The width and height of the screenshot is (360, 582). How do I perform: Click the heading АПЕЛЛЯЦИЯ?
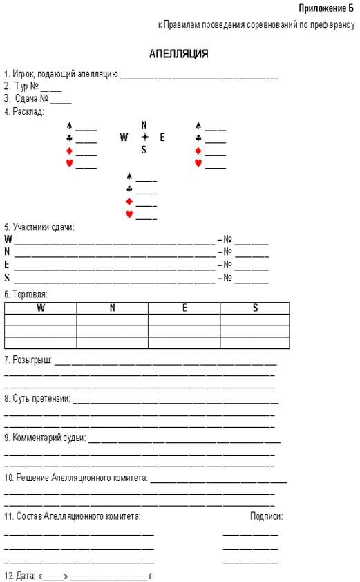tap(179, 54)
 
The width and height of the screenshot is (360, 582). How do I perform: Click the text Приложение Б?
tap(326, 8)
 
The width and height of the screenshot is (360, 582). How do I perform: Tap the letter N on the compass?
tap(144, 125)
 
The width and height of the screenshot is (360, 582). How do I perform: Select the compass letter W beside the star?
tap(124, 138)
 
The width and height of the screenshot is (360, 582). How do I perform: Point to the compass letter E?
tap(162, 138)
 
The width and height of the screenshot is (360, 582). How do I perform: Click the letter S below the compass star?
tap(144, 149)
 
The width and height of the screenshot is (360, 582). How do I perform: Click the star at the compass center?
tap(144, 138)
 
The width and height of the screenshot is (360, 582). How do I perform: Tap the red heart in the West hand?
tap(70, 164)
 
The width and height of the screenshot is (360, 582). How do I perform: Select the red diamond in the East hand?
tap(198, 151)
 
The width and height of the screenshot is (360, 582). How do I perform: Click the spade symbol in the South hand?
tap(129, 176)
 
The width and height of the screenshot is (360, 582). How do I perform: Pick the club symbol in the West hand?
tap(70, 138)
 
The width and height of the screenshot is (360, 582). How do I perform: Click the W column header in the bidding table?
tap(41, 308)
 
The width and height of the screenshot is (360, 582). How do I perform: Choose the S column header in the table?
tap(255, 308)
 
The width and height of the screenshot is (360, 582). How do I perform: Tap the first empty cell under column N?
tap(113, 319)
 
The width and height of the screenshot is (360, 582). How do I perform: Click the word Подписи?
tap(266, 516)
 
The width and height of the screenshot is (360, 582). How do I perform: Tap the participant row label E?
tap(7, 265)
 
